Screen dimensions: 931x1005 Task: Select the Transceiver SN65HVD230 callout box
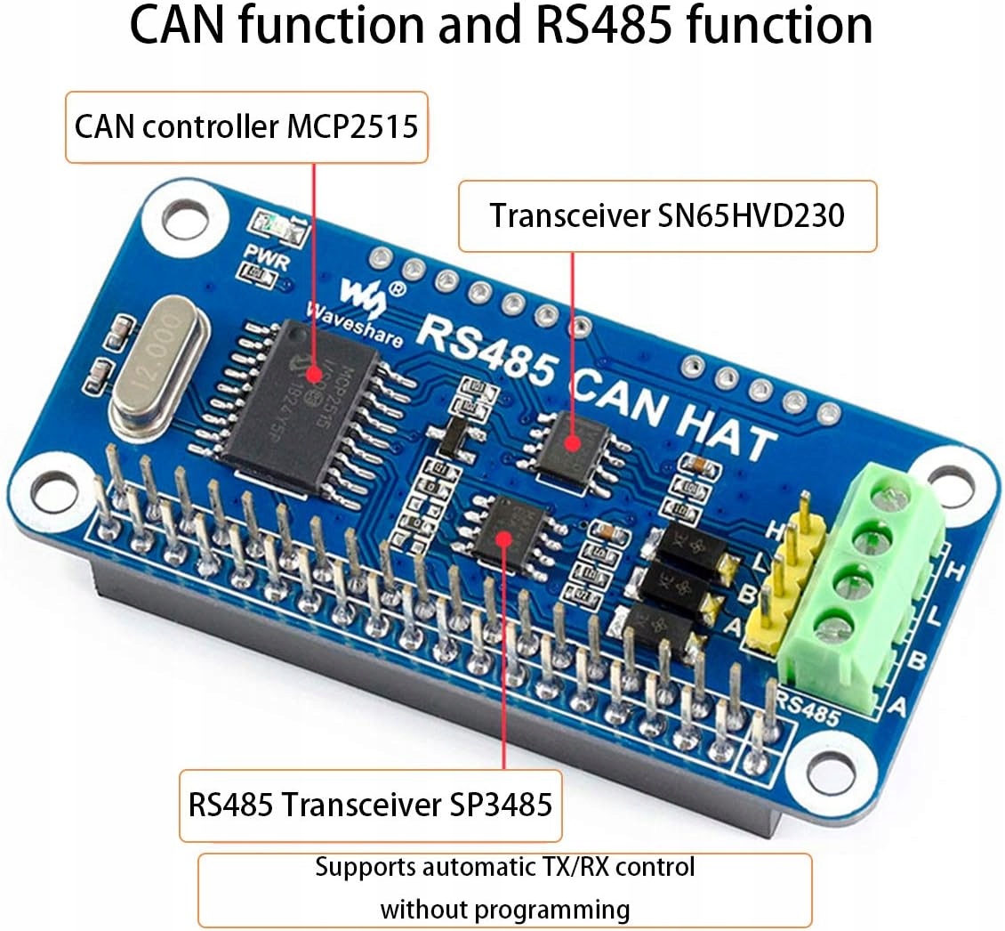(x=667, y=215)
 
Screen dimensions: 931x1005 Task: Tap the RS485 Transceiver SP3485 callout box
(x=370, y=806)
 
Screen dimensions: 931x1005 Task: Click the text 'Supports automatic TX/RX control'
(x=504, y=866)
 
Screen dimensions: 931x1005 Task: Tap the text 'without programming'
(x=504, y=910)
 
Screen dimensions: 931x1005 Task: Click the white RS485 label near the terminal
(x=807, y=708)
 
